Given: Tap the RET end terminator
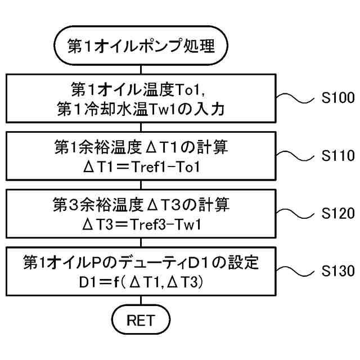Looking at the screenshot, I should click(141, 321).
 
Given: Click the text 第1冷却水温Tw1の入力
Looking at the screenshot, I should click(141, 110).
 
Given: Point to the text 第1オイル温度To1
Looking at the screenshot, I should click(141, 89).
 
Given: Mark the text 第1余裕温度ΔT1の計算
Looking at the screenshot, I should click(141, 147).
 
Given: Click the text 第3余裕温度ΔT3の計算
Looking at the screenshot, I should click(141, 205).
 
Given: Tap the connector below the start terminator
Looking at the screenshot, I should click(141, 67).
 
